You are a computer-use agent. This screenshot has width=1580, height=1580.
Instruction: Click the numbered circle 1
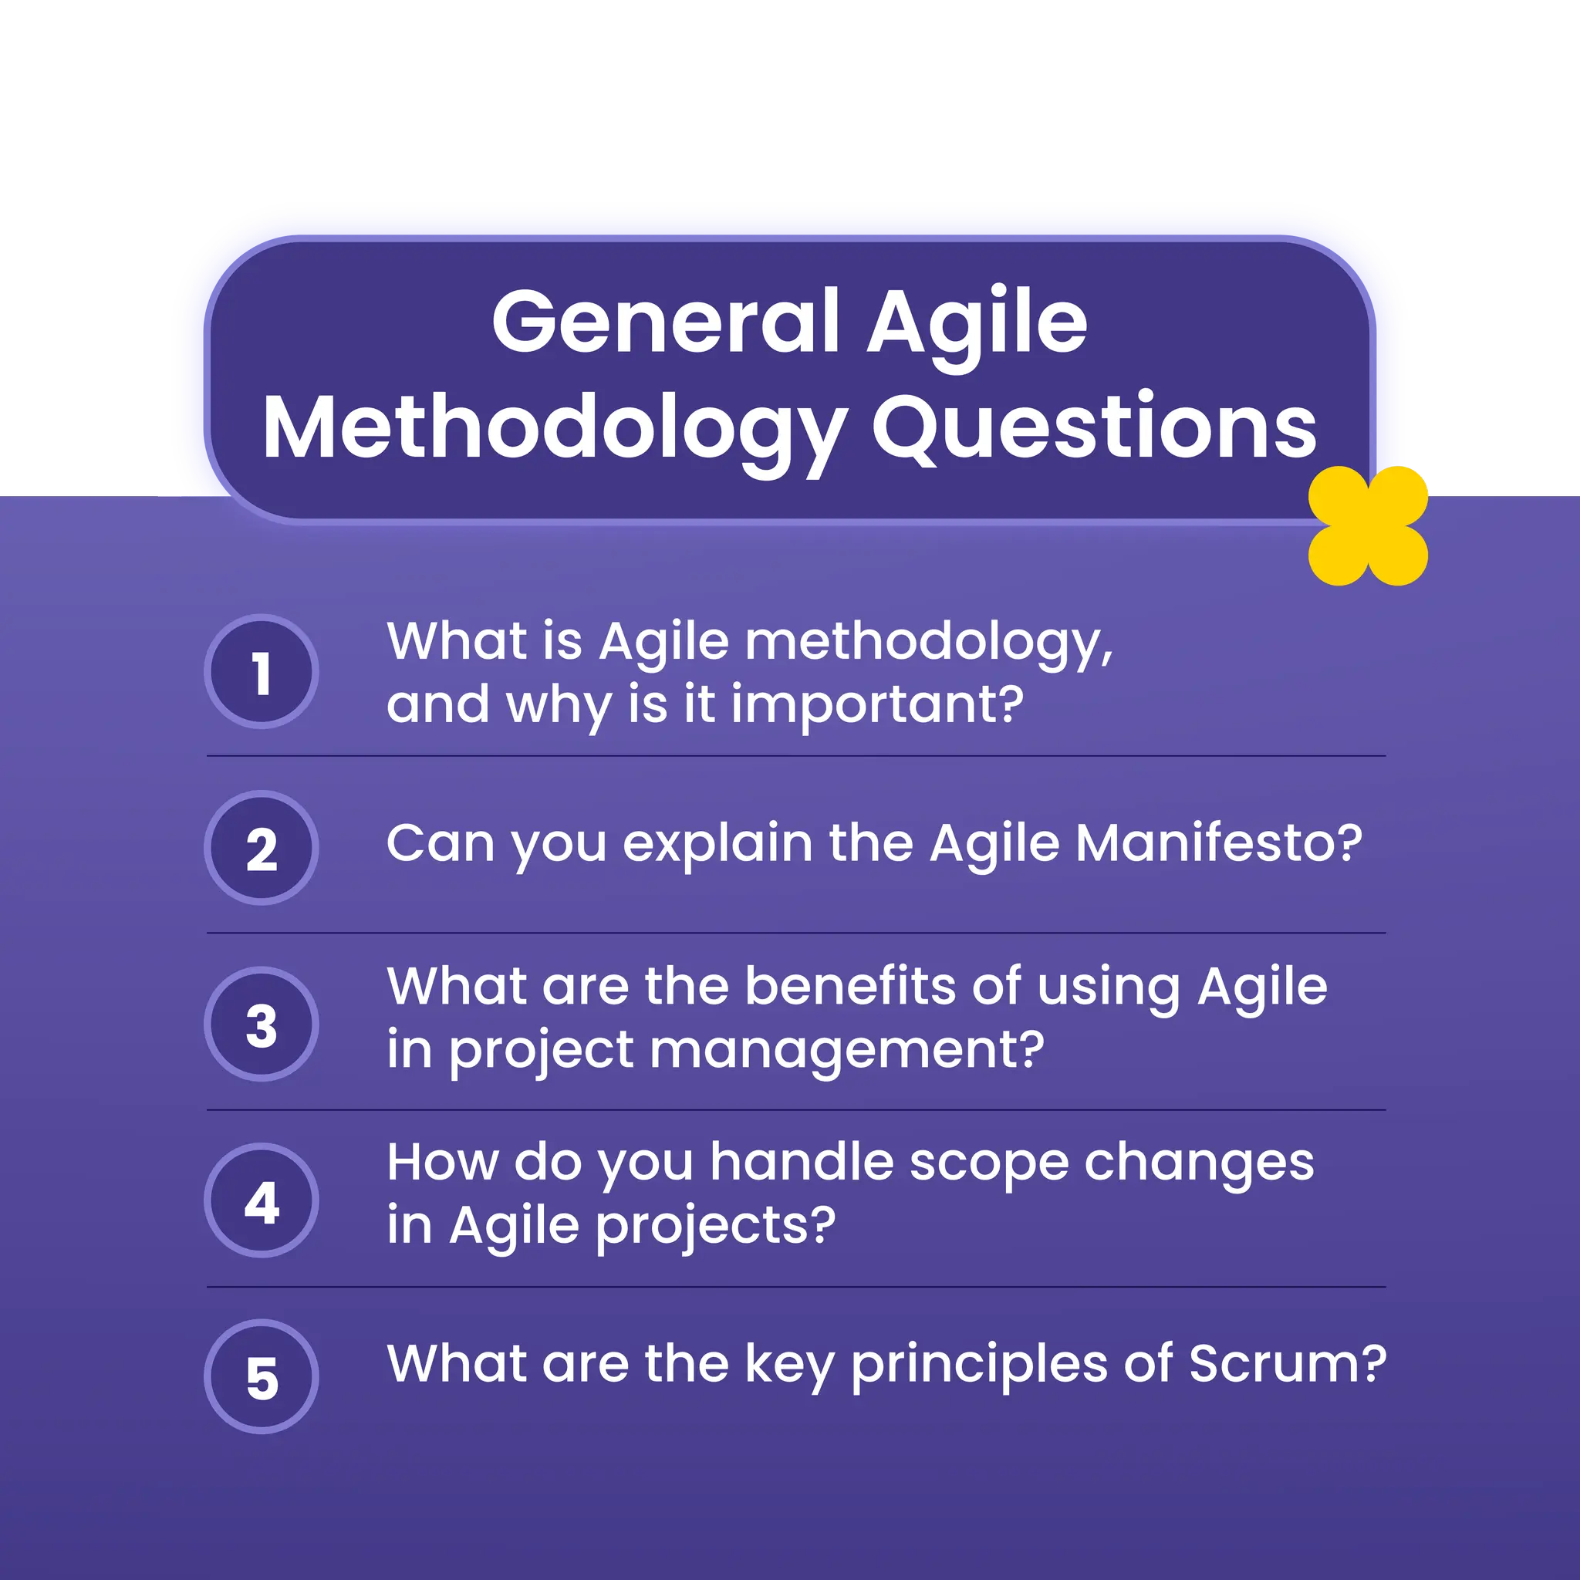(261, 671)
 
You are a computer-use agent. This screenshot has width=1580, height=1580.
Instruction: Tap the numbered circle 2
(261, 848)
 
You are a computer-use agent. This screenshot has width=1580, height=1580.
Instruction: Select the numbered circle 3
(261, 1024)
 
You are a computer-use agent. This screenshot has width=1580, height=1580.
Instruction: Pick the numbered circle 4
(261, 1200)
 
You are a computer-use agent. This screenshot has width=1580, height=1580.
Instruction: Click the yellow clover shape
(1367, 526)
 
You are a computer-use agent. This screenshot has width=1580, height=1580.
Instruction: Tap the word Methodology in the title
(554, 430)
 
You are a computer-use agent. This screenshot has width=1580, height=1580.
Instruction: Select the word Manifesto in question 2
(1218, 843)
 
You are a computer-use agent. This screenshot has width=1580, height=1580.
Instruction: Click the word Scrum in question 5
(1288, 1363)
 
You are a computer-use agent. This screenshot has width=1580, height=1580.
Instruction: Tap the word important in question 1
(876, 705)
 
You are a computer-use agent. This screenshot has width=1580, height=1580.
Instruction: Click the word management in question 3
(846, 1050)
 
